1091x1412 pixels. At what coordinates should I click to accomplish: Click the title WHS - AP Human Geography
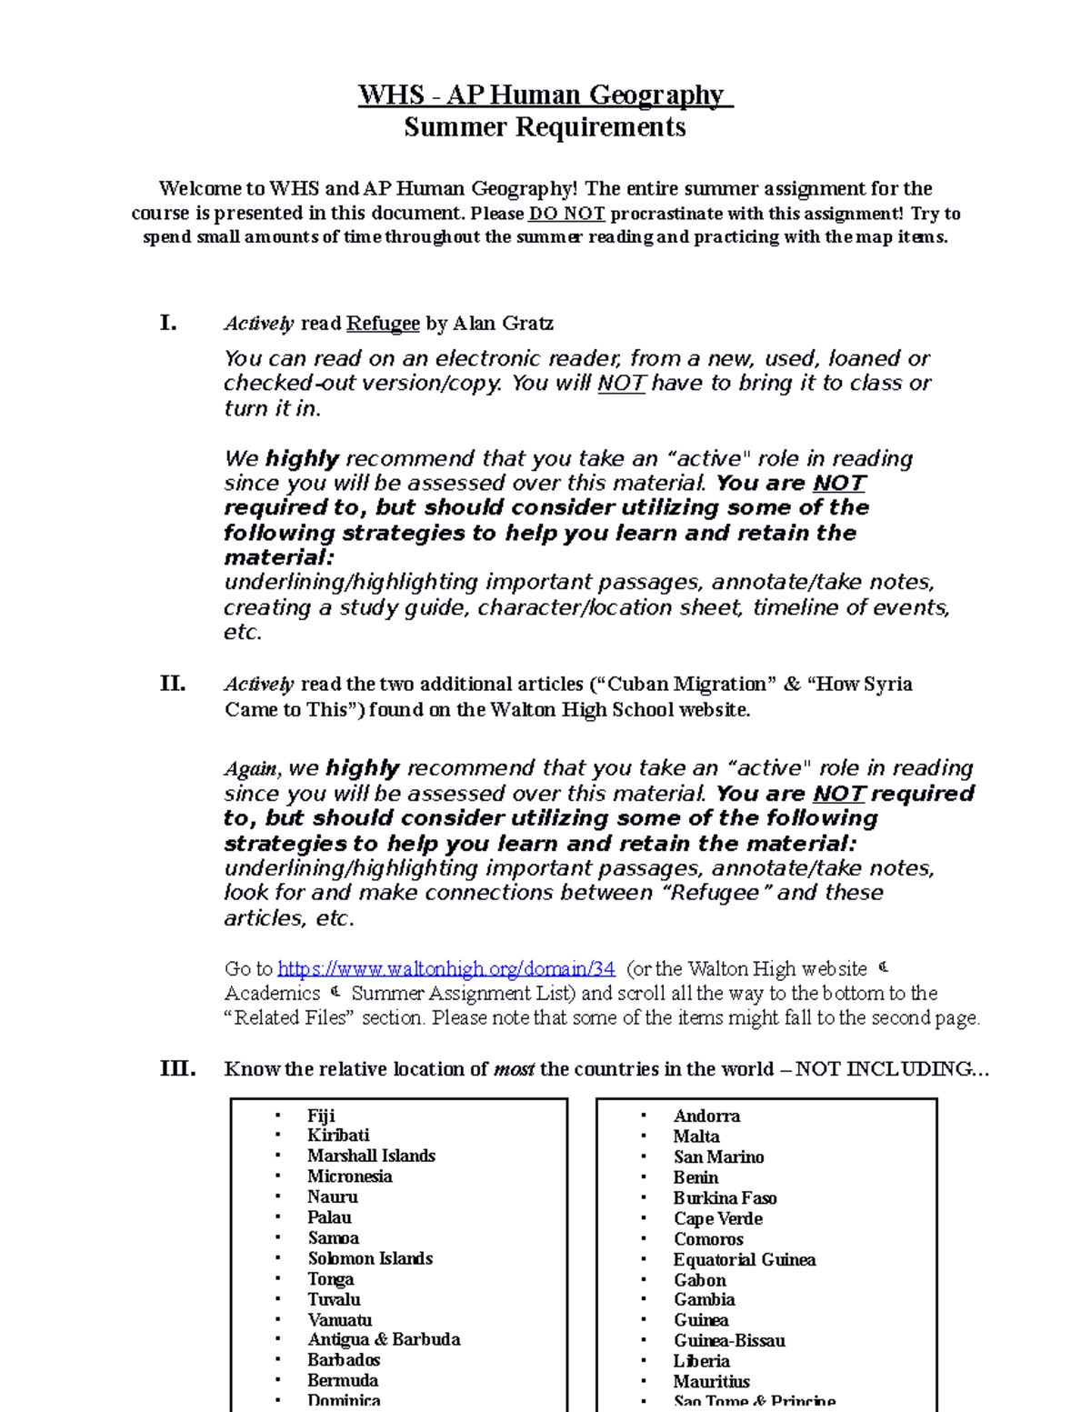point(545,95)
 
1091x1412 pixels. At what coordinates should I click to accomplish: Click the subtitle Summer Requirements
point(545,127)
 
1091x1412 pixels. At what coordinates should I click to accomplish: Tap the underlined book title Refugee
point(383,324)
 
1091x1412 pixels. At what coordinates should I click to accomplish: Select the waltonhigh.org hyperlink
point(446,969)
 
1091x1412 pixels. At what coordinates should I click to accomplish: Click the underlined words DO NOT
point(566,214)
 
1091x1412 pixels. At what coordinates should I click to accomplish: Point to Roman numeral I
point(168,323)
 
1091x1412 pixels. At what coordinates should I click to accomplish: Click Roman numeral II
point(173,684)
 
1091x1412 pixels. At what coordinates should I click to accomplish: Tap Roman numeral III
point(177,1068)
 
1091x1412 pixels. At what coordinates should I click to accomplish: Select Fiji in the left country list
point(321,1116)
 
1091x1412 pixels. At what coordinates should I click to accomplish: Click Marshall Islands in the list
point(371,1156)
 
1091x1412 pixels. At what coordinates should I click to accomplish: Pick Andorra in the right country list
point(706,1116)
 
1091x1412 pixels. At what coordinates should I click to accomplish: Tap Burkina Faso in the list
point(725,1197)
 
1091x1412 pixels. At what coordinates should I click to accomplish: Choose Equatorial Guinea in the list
point(744,1259)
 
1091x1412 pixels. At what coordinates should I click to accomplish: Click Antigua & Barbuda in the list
point(384,1339)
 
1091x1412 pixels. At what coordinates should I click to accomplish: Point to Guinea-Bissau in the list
point(729,1340)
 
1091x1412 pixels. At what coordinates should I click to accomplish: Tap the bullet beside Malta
point(644,1137)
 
